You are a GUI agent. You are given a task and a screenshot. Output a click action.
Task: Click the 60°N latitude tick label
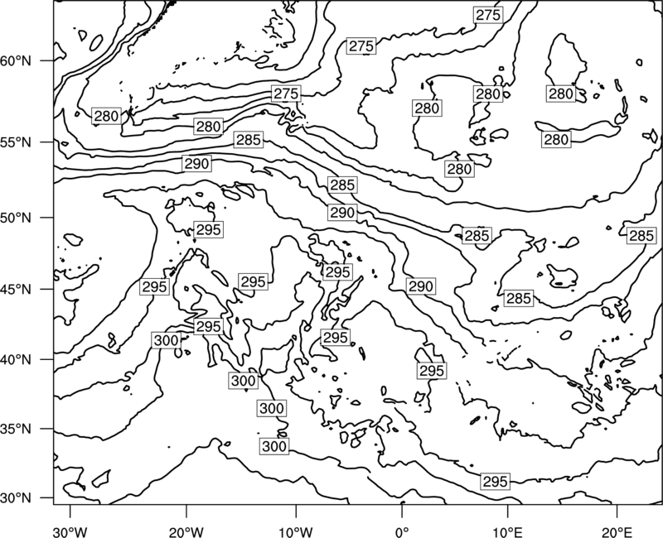point(16,61)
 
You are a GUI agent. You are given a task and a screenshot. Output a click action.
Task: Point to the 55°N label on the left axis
point(16,142)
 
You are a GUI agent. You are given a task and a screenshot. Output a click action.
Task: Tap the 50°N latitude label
point(16,218)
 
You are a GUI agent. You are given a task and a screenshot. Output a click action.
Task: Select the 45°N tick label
point(16,289)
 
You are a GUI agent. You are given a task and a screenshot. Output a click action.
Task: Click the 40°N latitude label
point(16,360)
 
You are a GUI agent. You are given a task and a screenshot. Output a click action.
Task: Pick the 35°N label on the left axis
point(16,429)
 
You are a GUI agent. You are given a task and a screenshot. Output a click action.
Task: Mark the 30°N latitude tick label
point(16,498)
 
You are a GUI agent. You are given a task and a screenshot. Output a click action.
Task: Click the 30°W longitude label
point(70,531)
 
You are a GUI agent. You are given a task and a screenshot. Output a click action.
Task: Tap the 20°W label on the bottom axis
point(186,531)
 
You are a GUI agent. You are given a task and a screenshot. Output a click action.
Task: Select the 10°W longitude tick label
point(296,531)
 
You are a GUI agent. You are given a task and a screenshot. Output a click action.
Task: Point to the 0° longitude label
point(402,531)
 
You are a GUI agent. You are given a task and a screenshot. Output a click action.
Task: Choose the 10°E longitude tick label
point(507,531)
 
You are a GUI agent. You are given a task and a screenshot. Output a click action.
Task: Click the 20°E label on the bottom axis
point(617,531)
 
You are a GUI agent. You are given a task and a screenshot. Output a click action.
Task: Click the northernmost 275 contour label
point(488,15)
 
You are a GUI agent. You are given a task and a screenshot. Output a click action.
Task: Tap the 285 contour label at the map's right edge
point(641,236)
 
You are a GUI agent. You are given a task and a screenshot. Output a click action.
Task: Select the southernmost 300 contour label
point(274,446)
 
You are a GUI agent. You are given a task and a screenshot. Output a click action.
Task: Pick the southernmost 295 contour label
point(495,482)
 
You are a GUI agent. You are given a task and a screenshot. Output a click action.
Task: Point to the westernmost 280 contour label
point(106,116)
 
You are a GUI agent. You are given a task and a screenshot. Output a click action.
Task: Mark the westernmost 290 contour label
point(197,163)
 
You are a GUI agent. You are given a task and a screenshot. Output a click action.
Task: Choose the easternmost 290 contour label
point(421,286)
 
